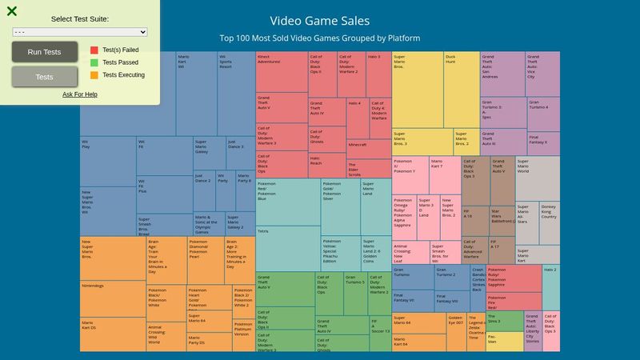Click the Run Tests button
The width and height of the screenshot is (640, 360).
coord(45,52)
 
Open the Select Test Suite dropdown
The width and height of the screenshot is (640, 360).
coord(80,32)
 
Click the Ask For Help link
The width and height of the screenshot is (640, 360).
coord(80,94)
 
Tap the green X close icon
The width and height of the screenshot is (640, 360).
coord(12,11)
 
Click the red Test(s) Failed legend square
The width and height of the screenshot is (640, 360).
coord(94,50)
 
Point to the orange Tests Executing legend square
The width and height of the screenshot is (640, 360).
coord(94,75)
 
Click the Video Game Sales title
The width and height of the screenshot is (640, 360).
coord(320,21)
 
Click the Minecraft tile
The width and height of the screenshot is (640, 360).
coord(368,149)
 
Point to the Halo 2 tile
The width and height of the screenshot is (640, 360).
coord(550,288)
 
